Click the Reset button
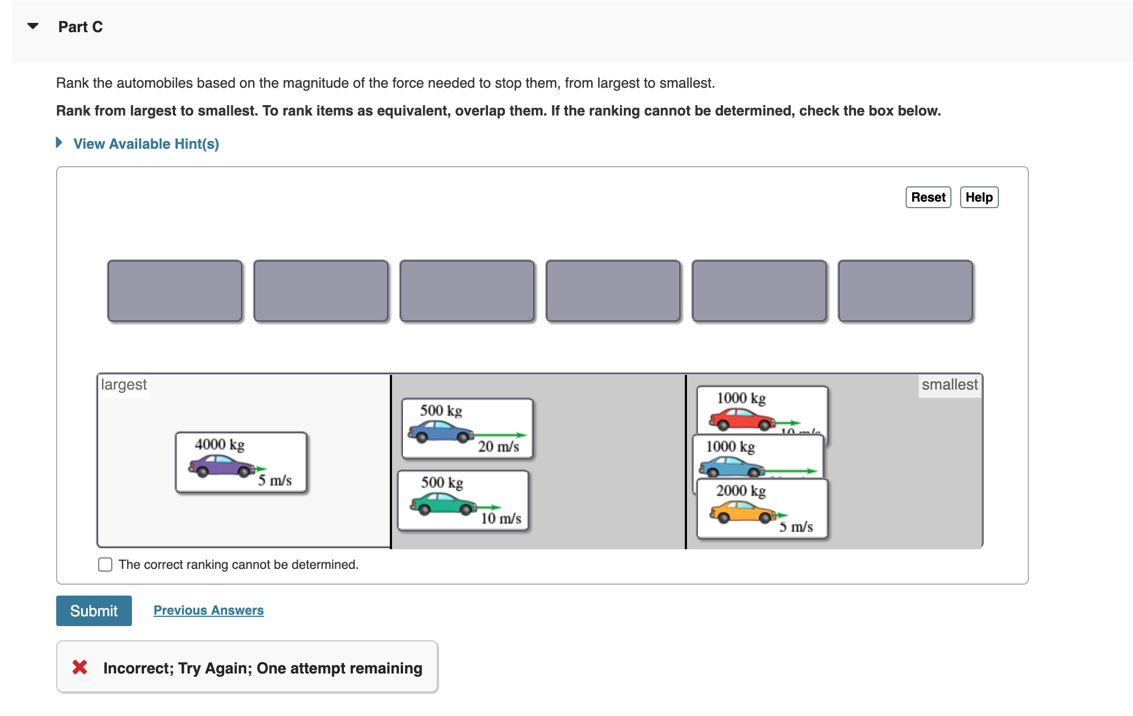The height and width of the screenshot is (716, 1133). coord(927,197)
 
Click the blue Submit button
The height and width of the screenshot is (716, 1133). coord(94,610)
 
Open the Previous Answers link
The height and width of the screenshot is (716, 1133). coord(208,610)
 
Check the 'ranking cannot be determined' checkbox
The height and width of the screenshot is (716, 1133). coord(105,565)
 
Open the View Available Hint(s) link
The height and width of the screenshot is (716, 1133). coord(146,144)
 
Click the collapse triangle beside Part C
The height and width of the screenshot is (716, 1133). coord(33,26)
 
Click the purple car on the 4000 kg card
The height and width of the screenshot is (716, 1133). coord(221,466)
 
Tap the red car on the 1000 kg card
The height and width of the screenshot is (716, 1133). coord(742,419)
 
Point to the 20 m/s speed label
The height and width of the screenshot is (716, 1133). coord(498,447)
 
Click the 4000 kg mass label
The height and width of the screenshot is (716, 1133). coord(220,445)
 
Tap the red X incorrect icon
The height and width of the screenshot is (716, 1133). coord(80,667)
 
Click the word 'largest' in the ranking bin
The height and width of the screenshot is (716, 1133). coord(124,385)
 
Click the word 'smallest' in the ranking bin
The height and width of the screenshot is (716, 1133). coord(949,385)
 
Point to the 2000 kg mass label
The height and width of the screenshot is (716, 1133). coord(740,491)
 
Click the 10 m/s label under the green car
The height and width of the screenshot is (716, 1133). coord(501,519)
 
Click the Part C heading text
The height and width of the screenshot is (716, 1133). coord(81,27)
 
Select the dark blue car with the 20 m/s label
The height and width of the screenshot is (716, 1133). coord(441,432)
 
